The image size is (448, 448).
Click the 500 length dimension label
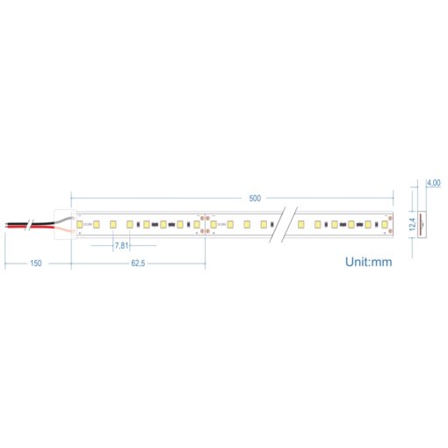[255, 199]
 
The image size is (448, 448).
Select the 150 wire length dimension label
[36, 263]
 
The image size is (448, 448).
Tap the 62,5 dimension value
[138, 263]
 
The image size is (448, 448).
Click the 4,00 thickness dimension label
[433, 183]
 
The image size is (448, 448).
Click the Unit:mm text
[368, 261]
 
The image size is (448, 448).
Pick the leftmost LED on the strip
[80, 225]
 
